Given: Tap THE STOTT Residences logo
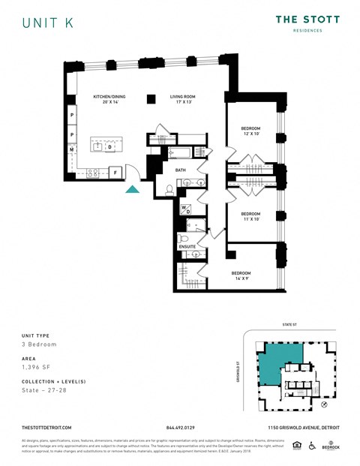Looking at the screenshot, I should (x=307, y=23).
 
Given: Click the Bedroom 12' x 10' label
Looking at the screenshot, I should (x=251, y=131).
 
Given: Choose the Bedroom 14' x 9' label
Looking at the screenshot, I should (x=241, y=275).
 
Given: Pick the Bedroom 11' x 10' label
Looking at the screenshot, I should (x=251, y=216).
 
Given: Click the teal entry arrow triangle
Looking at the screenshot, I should (x=132, y=189).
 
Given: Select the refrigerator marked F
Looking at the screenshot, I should (x=115, y=173).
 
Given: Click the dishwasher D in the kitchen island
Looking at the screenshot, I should (x=109, y=147).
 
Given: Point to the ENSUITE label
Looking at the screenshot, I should (x=187, y=246).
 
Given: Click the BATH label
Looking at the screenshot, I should (x=181, y=170).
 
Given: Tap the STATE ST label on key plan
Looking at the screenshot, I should (x=290, y=326).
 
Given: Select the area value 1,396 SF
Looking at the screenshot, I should (x=37, y=369).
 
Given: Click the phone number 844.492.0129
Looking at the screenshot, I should (x=180, y=427).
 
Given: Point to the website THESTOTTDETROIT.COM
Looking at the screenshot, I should (x=47, y=427).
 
